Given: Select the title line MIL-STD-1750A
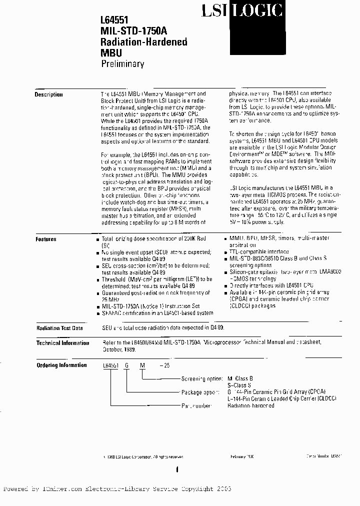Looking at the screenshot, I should [x=132, y=31].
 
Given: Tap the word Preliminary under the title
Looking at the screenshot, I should [x=122, y=63].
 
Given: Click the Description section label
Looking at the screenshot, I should [x=48, y=94].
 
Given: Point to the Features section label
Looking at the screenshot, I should [x=46, y=239].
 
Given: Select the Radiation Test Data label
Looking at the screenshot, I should [x=59, y=328].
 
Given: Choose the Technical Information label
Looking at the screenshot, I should [x=62, y=343].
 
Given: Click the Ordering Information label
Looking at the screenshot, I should [x=61, y=365].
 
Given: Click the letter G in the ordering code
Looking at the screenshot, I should [x=127, y=366].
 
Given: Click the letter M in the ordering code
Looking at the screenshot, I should [x=142, y=366].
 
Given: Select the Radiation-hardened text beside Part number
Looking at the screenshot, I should [x=250, y=405].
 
